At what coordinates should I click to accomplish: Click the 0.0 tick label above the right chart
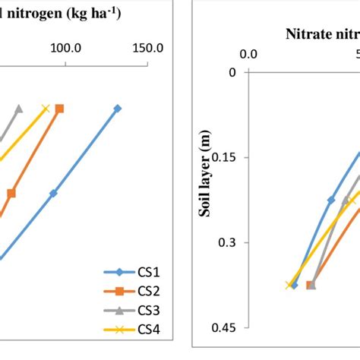click(249, 54)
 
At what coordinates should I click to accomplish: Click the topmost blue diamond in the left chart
click(118, 109)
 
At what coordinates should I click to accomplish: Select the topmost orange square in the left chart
click(60, 109)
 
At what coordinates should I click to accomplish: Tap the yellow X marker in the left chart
click(46, 109)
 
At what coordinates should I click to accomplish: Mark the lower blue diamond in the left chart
click(53, 194)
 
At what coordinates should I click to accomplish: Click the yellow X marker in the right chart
click(289, 285)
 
